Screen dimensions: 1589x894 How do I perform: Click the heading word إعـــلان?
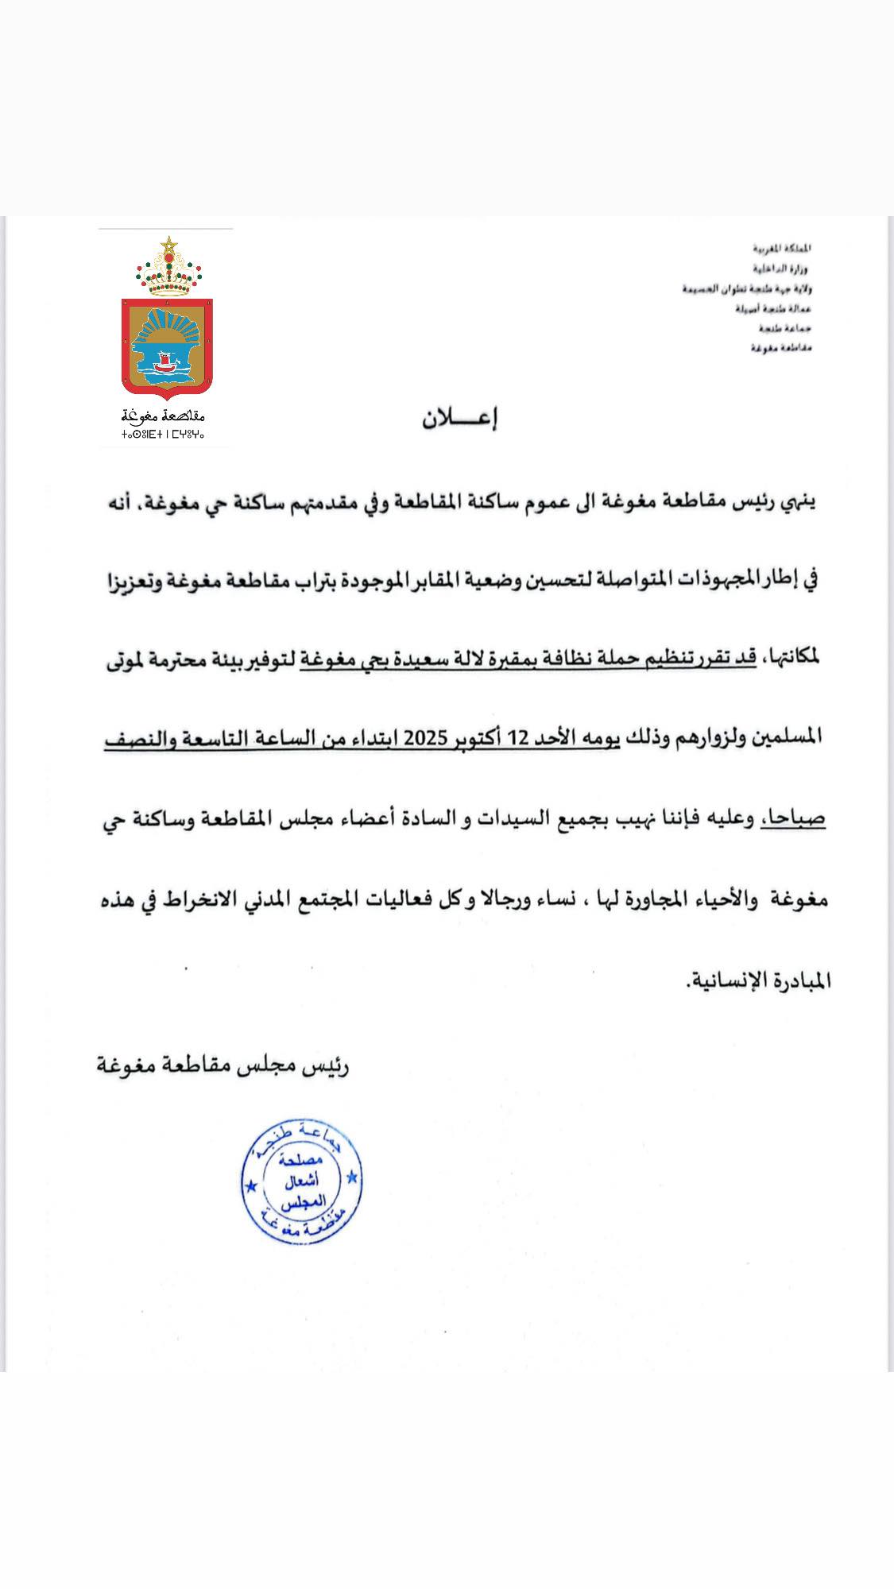tap(459, 419)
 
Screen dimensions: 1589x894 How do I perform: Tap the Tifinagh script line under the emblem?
tap(163, 435)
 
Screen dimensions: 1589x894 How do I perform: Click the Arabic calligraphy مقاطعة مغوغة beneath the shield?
tap(164, 416)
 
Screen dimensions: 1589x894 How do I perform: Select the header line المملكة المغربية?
tap(782, 249)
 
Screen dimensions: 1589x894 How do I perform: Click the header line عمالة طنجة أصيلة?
tap(773, 308)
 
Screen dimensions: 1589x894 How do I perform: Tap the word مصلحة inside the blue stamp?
tap(302, 1162)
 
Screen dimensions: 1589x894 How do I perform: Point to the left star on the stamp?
tap(251, 1187)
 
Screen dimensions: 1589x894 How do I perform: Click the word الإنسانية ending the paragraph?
tap(722, 980)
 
